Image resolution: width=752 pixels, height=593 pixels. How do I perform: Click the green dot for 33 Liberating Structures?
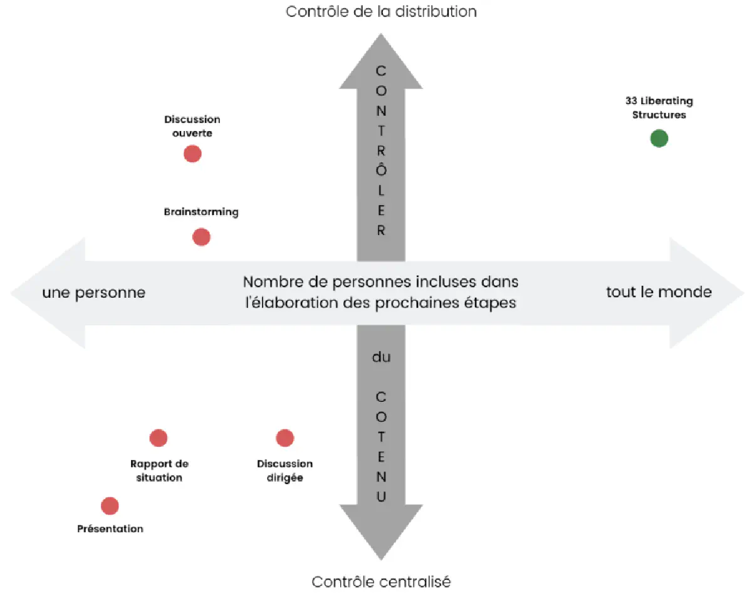point(659,138)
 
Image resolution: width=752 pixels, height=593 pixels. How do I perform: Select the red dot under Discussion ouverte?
point(192,154)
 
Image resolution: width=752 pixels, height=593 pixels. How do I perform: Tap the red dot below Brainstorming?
point(201,237)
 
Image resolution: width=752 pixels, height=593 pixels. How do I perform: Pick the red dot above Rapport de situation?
point(159,438)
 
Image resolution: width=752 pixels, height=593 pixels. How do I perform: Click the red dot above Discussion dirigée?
point(285,438)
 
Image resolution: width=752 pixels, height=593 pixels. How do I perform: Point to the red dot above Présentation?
point(110,505)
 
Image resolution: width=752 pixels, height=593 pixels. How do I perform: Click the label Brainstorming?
point(201,212)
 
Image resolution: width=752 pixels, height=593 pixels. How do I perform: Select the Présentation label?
point(110,528)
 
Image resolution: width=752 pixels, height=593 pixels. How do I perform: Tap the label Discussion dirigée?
point(285,471)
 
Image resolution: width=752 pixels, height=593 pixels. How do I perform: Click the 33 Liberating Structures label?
point(659,108)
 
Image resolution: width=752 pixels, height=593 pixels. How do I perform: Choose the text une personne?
point(94,293)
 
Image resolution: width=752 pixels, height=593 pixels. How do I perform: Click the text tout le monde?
point(659,292)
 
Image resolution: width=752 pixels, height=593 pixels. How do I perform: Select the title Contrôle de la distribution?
point(381,11)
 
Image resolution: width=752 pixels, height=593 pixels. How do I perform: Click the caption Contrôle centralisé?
point(381,582)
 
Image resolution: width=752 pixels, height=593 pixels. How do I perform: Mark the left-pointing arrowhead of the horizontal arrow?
point(47,293)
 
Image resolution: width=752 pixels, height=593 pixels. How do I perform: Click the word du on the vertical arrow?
point(381,357)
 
